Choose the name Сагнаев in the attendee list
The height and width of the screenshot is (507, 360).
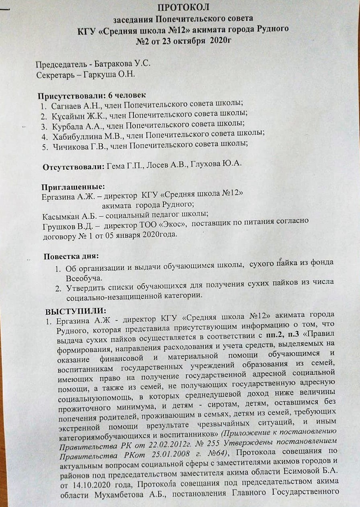tap(67, 107)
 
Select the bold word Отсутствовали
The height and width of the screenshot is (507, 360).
tap(74, 166)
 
